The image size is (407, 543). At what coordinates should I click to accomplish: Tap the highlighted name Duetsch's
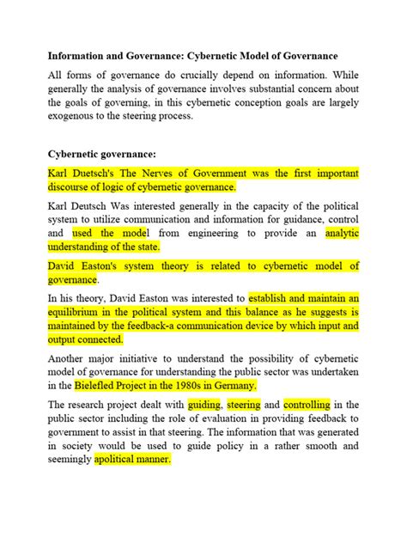coord(98,173)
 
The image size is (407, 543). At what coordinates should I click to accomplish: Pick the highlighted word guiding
coord(203,405)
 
